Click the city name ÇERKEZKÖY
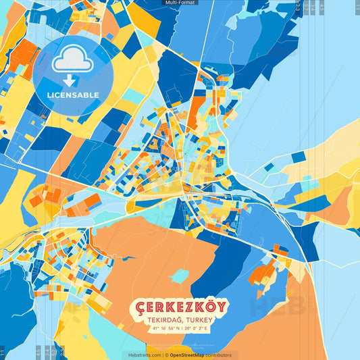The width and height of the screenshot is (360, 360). [x=180, y=307]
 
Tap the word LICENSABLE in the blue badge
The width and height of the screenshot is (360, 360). [x=73, y=95]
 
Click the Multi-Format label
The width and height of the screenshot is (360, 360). [x=180, y=3]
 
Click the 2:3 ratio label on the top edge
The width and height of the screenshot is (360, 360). [x=298, y=8]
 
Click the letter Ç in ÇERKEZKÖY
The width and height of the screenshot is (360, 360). [x=139, y=308]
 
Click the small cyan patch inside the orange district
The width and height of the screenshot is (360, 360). [x=180, y=276]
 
